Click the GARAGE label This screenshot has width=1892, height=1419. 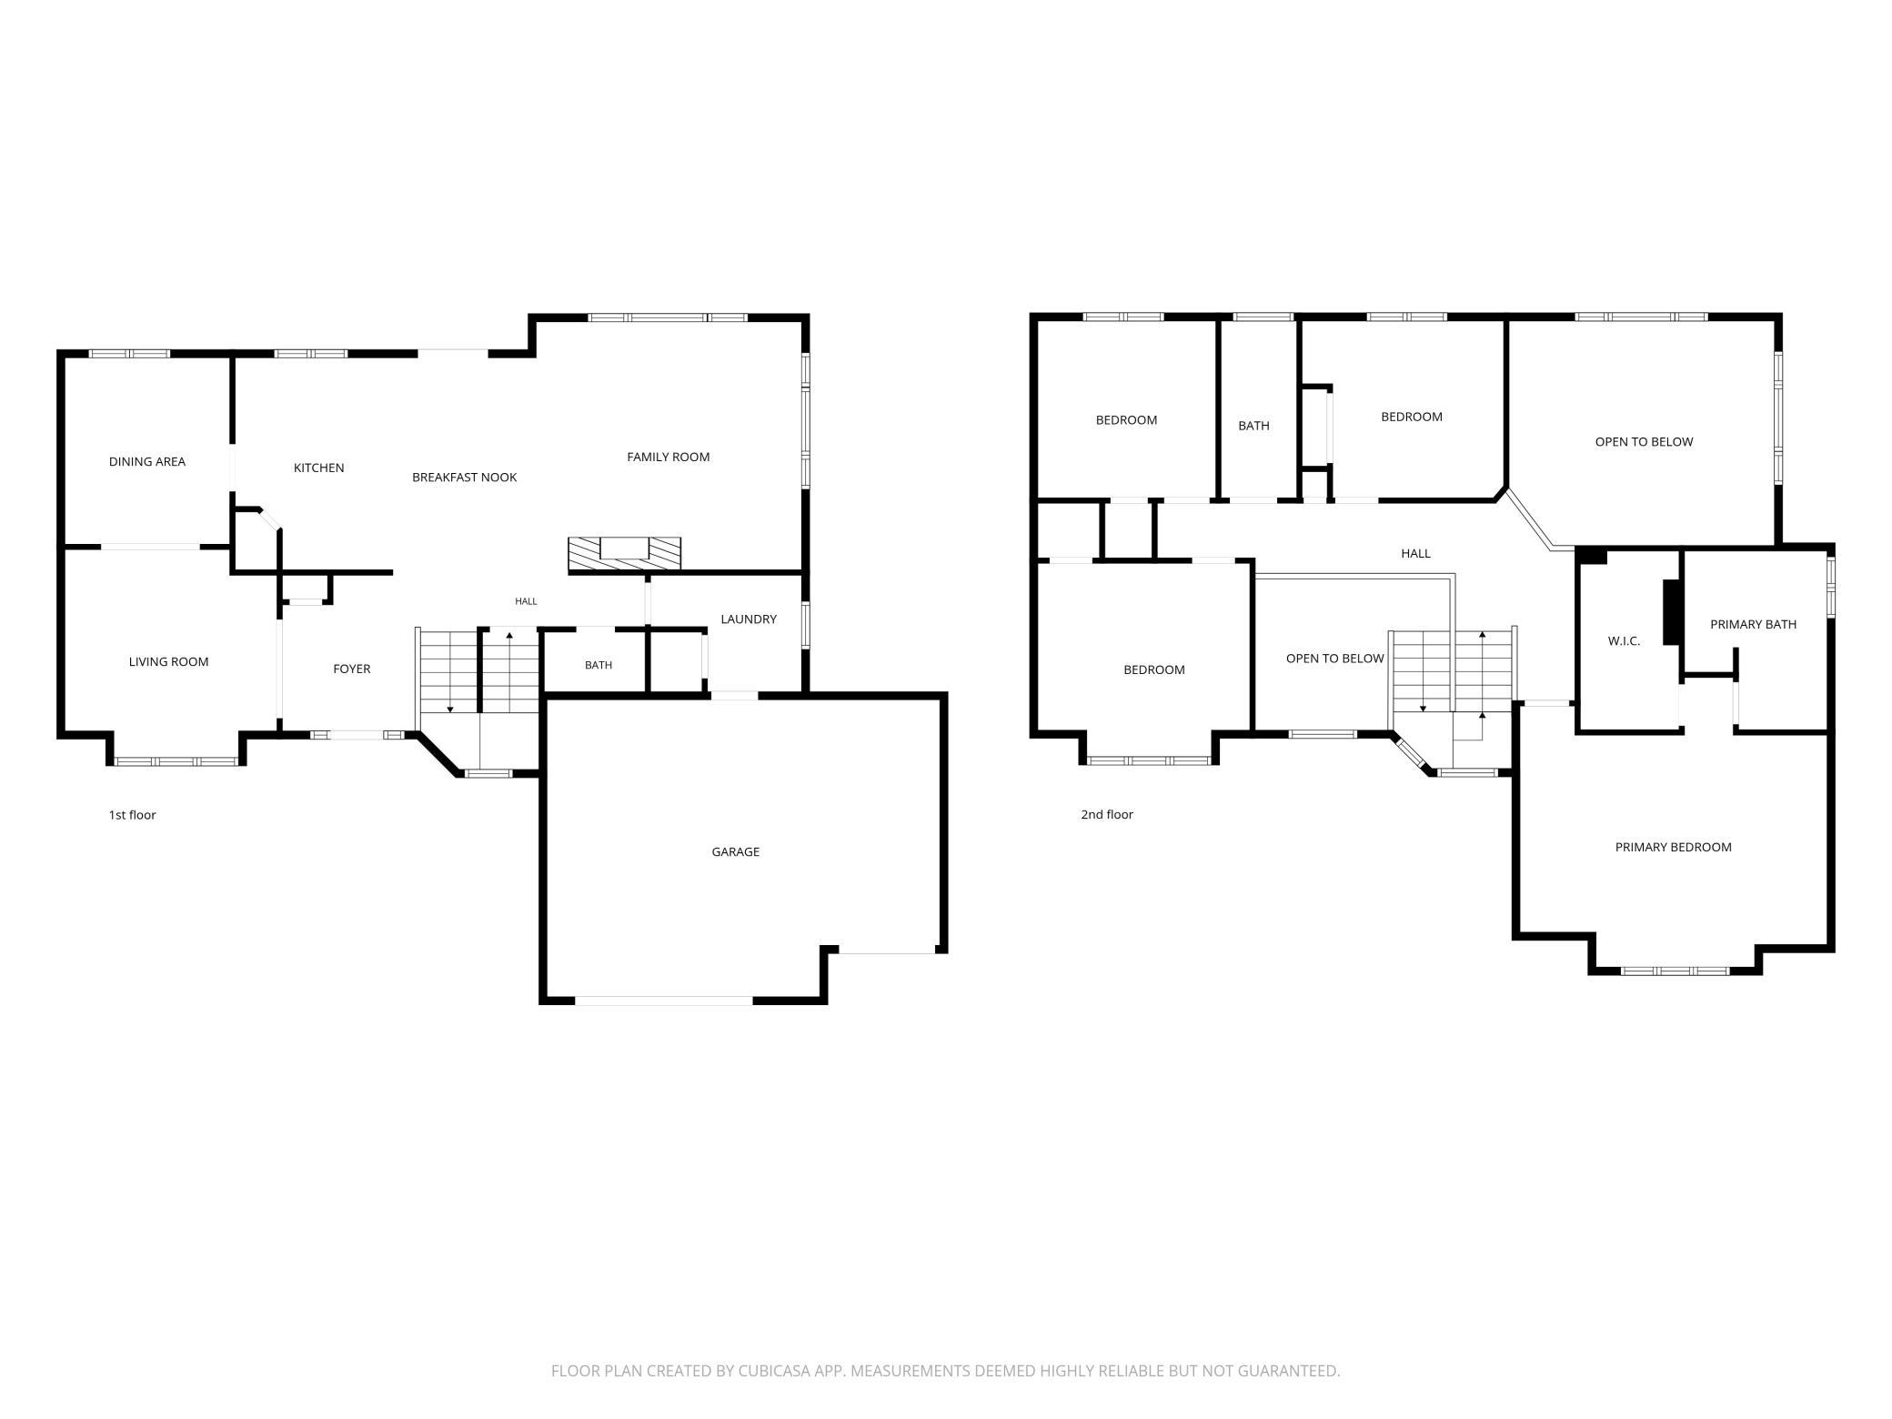735,851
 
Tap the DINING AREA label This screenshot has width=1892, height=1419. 147,461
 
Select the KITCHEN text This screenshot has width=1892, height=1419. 318,468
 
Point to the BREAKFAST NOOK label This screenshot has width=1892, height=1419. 464,477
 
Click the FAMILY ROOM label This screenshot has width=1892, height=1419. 668,457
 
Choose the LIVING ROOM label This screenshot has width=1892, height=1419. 168,661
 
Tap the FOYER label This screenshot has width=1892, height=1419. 351,669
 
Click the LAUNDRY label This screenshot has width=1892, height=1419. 749,619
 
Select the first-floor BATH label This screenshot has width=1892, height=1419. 599,665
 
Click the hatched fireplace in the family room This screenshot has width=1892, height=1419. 625,553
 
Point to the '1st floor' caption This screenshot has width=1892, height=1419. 133,814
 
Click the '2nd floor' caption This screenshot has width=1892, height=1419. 1107,814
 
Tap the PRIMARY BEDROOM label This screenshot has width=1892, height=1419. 1673,847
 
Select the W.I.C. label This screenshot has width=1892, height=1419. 1624,640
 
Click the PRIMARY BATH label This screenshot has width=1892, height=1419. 1753,624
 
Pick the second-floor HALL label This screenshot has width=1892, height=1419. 1415,553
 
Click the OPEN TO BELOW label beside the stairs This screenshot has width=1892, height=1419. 1334,658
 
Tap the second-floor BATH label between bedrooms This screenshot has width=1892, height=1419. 1253,425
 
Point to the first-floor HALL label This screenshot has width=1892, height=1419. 526,601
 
